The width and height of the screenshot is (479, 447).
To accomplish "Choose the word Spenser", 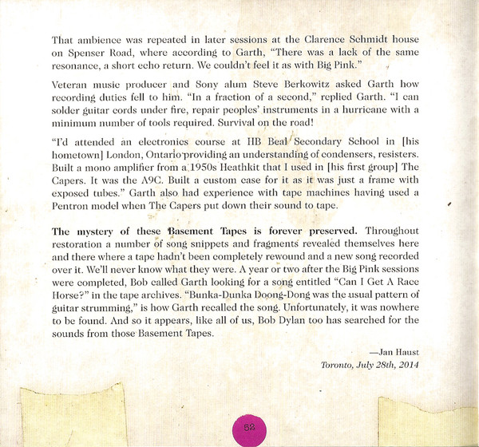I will click(84, 53).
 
